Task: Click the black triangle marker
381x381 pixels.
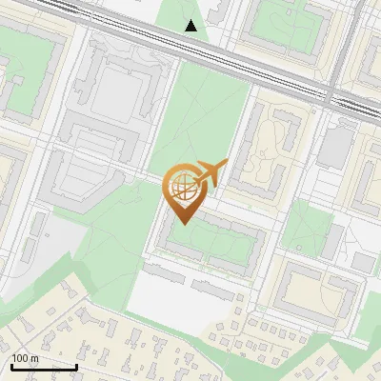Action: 191,26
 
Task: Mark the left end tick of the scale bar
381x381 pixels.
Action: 10,365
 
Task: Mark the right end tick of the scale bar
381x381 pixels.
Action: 76,365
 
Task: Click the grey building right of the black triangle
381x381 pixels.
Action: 217,14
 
